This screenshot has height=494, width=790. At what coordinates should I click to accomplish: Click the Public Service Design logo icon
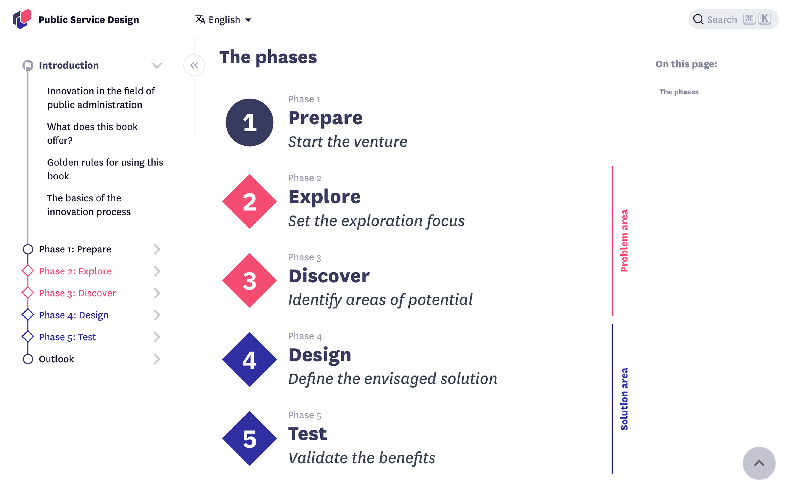[22, 19]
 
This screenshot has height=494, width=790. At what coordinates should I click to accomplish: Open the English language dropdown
[223, 19]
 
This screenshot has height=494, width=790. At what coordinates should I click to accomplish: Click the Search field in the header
[733, 19]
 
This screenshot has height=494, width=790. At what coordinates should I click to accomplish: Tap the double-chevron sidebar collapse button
[194, 65]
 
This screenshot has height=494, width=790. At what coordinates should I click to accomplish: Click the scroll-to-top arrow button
[759, 463]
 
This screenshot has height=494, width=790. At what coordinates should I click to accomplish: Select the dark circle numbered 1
[249, 122]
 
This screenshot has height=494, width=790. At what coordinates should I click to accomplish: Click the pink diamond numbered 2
[249, 201]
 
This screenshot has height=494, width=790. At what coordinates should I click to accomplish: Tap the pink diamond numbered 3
[249, 280]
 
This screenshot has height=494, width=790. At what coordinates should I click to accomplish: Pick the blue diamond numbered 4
[249, 360]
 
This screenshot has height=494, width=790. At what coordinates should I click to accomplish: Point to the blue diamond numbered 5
[249, 439]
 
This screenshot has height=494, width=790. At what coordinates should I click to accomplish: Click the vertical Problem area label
[624, 240]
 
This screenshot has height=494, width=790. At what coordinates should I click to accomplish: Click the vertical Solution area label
[624, 399]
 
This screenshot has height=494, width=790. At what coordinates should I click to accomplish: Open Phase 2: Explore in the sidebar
[75, 271]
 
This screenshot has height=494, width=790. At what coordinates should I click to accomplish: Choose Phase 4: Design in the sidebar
[74, 315]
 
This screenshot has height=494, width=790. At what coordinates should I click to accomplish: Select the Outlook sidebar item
[57, 359]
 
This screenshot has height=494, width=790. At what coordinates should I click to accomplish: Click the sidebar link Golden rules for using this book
[105, 169]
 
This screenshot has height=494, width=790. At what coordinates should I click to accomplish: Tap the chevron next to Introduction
[157, 65]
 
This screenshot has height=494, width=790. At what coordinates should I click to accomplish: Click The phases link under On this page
[679, 92]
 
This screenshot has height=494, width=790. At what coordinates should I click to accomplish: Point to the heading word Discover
[329, 276]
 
